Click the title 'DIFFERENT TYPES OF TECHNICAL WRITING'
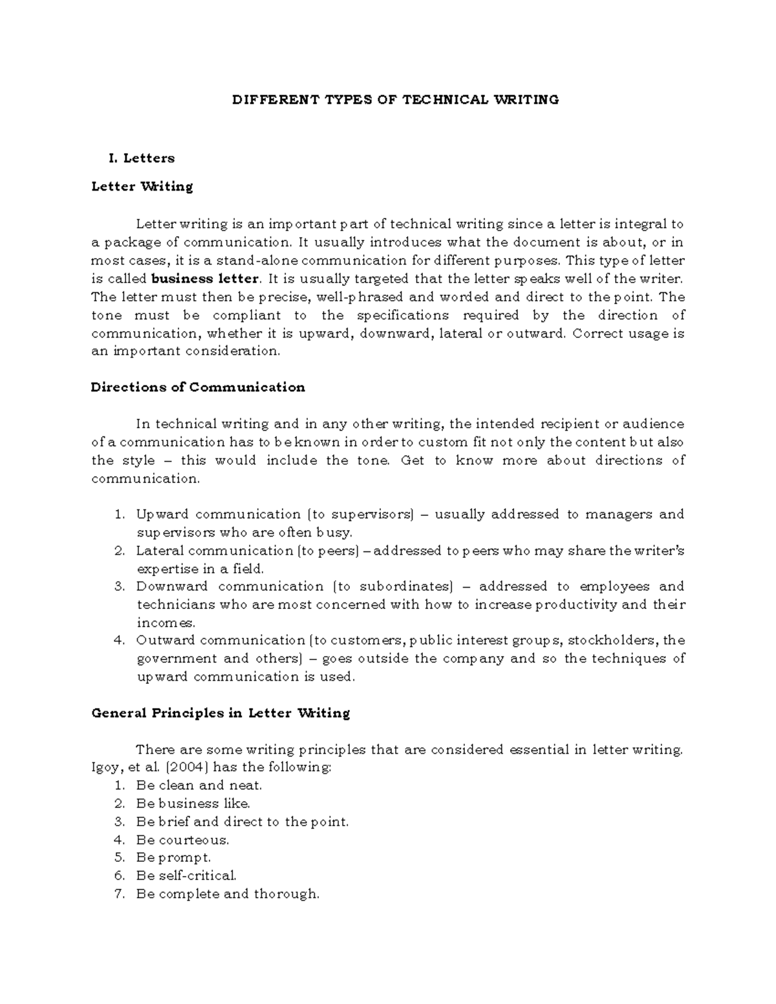pyautogui.click(x=396, y=100)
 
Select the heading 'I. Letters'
pyautogui.click(x=143, y=158)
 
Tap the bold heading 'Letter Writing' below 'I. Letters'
pyautogui.click(x=142, y=186)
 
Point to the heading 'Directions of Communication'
pyautogui.click(x=198, y=387)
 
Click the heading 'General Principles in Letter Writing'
pyautogui.click(x=221, y=713)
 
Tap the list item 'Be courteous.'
pyautogui.click(x=183, y=840)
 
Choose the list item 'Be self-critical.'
pyautogui.click(x=187, y=876)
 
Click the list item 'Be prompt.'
pyautogui.click(x=174, y=858)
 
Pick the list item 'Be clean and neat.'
pyautogui.click(x=199, y=785)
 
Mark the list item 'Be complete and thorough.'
pyautogui.click(x=228, y=894)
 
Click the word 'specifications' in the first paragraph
pyautogui.click(x=402, y=315)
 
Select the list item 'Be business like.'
pyautogui.click(x=193, y=804)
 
